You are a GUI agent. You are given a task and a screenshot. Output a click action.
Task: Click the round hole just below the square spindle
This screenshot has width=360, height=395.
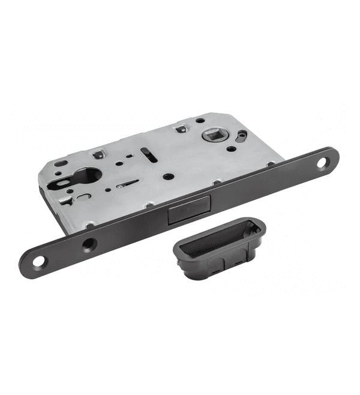pyautogui.click(x=232, y=149)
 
